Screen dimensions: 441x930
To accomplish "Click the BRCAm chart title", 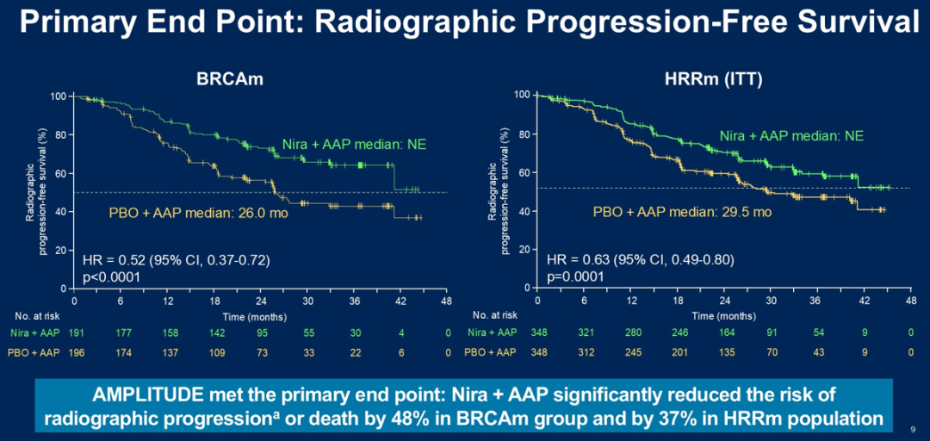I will (227, 78).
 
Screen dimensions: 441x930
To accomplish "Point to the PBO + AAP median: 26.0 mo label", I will (198, 212).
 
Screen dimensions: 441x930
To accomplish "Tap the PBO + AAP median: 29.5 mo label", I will (683, 212).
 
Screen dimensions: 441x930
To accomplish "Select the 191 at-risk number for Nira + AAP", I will (75, 332).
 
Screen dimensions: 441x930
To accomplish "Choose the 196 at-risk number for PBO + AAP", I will (75, 353).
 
